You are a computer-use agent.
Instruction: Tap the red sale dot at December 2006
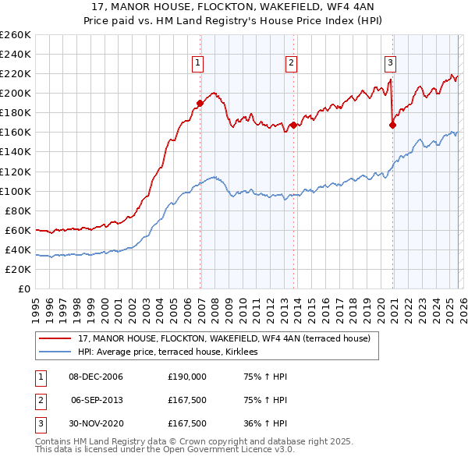(x=200, y=102)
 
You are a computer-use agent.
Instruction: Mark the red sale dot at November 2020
(x=393, y=125)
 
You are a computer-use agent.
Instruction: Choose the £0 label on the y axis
(x=23, y=288)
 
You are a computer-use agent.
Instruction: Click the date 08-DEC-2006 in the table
(x=96, y=377)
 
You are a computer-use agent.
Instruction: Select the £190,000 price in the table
(x=186, y=377)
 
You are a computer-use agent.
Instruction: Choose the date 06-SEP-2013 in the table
(x=96, y=400)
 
